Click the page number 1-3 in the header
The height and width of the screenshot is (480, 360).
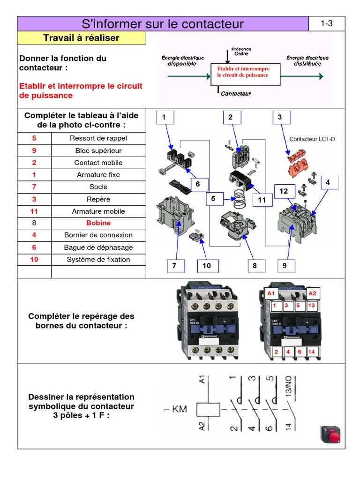coord(327,24)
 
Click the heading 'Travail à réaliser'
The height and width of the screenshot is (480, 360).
coord(81,38)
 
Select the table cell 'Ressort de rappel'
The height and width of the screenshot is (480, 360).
coord(98,138)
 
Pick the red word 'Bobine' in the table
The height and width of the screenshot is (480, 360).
coord(98,223)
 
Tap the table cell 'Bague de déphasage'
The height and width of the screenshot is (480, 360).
coord(98,247)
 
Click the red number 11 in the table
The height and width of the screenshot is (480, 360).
coord(34,211)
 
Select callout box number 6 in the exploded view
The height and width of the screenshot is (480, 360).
coord(198,184)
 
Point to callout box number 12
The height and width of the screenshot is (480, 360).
coord(284,191)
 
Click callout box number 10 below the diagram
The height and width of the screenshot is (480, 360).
coord(207,266)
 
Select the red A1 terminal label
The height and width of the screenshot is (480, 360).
coord(270,293)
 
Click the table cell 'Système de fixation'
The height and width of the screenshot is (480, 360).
coord(98,260)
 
